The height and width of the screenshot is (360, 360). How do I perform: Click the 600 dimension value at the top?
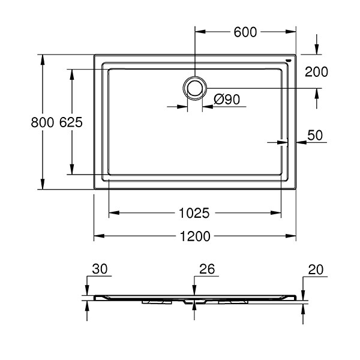coord(245,32)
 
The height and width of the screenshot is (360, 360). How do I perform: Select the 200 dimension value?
coord(316,72)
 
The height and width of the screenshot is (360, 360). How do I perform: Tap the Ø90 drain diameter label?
coord(226,100)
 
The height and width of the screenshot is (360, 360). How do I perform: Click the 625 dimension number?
coord(71,122)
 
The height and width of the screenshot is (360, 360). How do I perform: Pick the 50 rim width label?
coord(316,135)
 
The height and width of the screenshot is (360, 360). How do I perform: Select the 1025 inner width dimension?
coord(194,212)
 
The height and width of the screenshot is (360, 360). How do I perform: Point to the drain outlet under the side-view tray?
coord(193,301)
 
